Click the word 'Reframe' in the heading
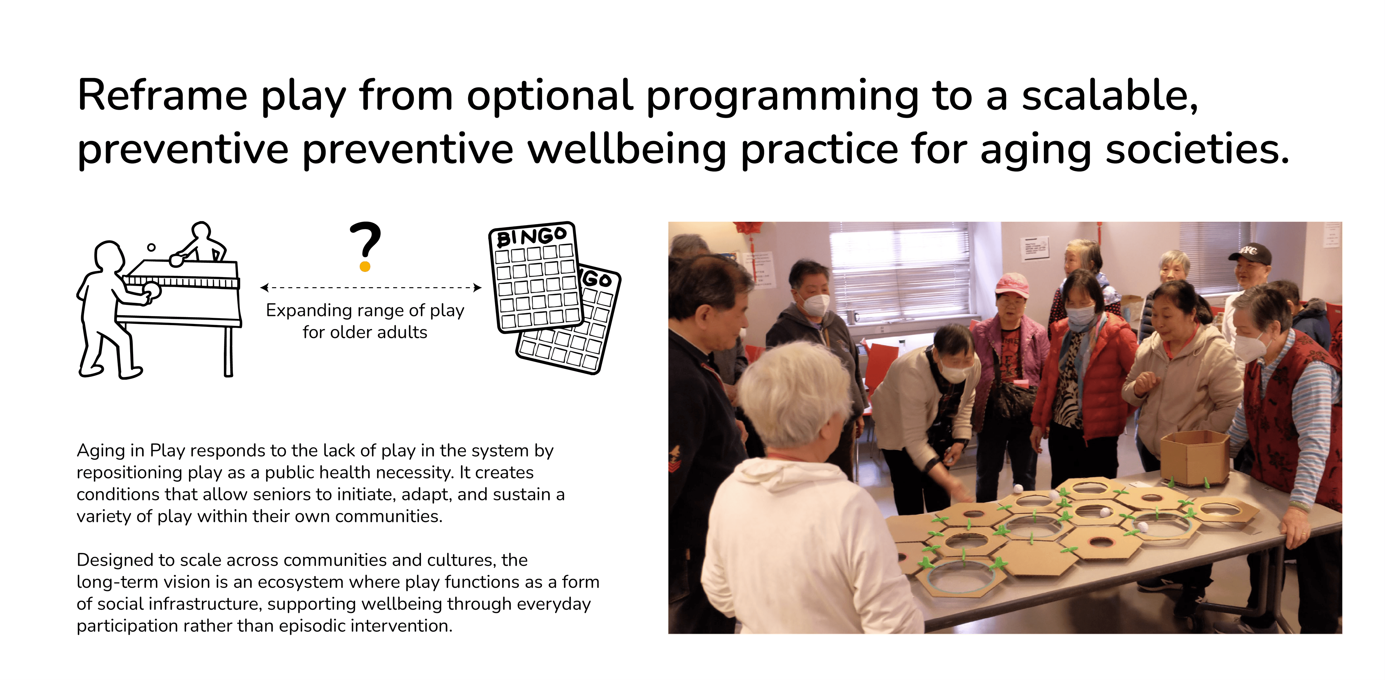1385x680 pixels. pyautogui.click(x=162, y=96)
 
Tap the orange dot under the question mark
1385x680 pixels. pyautogui.click(x=365, y=266)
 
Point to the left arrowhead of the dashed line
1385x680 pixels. pyautogui.click(x=264, y=288)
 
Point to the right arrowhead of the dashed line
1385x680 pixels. pyautogui.click(x=478, y=288)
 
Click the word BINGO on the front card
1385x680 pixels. pyautogui.click(x=531, y=237)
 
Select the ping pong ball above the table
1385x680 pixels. pyautogui.click(x=151, y=247)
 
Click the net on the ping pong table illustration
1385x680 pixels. pyautogui.click(x=181, y=282)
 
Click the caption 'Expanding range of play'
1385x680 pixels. pyautogui.click(x=365, y=310)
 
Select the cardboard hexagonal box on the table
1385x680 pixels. pyautogui.click(x=1195, y=457)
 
